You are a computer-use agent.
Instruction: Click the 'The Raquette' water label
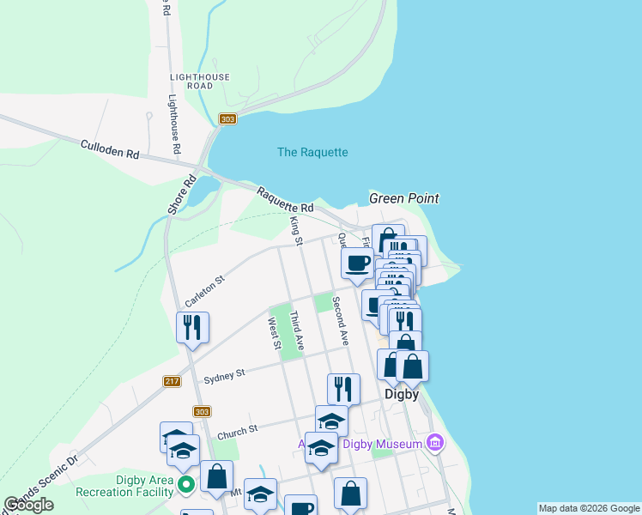pos(312,152)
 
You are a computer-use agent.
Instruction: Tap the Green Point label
pos(403,198)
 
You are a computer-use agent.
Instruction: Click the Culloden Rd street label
pos(109,150)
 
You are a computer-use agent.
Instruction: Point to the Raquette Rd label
pos(285,202)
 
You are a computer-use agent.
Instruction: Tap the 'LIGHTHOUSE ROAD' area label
pos(200,81)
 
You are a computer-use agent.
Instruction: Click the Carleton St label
pos(204,292)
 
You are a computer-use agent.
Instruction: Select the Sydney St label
pos(224,374)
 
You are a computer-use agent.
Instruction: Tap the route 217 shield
pos(172,381)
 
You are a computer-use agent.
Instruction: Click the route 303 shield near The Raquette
pos(227,119)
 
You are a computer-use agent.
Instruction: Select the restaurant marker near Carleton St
pos(192,327)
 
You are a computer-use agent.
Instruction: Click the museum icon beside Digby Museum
pos(436,443)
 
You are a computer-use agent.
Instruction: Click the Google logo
pos(29,505)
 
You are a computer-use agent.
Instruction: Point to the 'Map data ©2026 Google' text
pos(589,508)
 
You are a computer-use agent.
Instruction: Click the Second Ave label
pos(341,320)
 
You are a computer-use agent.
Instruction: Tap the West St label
pos(274,333)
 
